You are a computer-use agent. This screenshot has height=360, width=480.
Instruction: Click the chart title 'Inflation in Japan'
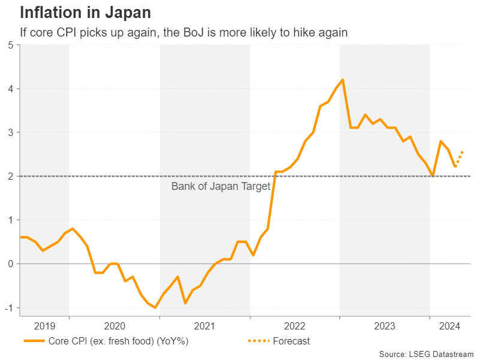click(85, 13)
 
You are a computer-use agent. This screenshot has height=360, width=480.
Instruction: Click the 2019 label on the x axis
click(44, 326)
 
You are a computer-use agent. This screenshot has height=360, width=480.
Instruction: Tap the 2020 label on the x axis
click(114, 326)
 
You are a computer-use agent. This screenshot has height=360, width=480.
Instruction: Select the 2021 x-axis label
click(205, 326)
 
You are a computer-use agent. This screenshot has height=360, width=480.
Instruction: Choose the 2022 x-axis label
click(295, 326)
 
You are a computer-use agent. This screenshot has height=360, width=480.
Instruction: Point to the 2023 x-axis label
click(385, 326)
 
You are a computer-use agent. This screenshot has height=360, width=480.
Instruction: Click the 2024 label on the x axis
click(449, 326)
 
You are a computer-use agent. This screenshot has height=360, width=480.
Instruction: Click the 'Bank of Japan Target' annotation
click(221, 186)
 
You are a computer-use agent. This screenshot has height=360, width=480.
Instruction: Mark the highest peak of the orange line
click(343, 80)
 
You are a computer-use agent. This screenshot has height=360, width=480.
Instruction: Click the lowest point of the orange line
click(155, 307)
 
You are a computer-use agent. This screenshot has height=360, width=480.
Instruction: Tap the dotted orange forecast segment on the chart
click(459, 158)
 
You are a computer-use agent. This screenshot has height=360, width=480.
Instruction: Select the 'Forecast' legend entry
click(279, 341)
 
